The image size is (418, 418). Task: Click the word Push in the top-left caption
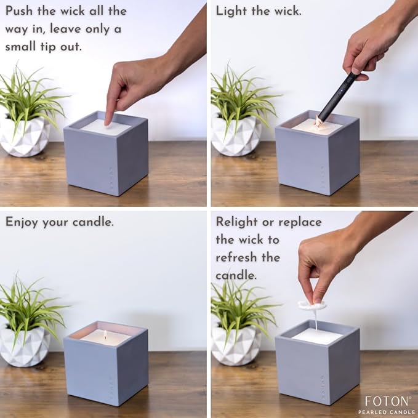pos(20,11)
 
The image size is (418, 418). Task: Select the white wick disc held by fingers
pos(311,305)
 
